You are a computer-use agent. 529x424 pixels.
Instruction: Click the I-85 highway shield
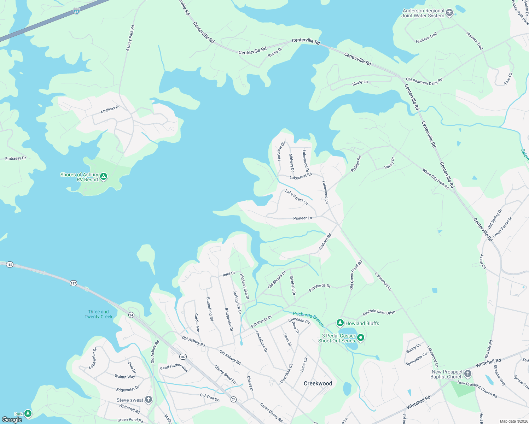pos(77,11)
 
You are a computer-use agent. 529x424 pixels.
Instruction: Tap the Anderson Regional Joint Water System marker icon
pos(449,13)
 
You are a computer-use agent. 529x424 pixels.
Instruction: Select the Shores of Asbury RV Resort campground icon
pos(104,177)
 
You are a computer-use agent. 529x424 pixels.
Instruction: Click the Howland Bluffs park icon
pos(340,323)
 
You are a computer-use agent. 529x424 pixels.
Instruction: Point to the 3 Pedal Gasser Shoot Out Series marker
pos(361,338)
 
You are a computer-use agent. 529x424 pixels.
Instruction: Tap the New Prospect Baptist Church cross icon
pos(468,374)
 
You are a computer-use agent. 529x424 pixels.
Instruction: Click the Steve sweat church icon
pos(149,400)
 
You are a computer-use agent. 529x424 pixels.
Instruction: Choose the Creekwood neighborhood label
pos(318,383)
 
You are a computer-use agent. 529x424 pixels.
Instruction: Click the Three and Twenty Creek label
pos(98,314)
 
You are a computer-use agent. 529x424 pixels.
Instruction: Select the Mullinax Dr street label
pos(110,110)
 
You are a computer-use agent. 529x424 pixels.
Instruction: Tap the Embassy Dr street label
pos(16,159)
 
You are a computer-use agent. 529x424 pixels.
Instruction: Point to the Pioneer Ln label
pos(302,218)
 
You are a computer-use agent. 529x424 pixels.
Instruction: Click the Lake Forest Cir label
pos(297,197)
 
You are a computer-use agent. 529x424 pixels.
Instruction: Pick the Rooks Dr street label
pos(275,52)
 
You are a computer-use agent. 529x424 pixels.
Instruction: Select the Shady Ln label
pos(360,83)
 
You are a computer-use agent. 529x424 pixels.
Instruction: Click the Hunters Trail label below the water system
pos(426,38)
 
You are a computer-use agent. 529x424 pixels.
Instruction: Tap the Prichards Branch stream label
pos(308,319)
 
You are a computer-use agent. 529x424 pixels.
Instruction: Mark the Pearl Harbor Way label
pos(174,367)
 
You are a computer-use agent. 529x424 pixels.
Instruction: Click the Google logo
pos(12,420)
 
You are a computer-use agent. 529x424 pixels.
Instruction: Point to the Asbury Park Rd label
pos(130,38)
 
